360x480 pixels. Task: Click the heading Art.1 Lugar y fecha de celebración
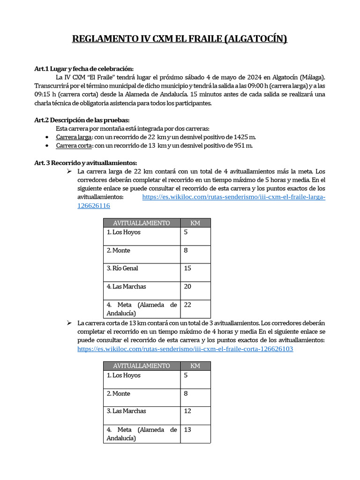[84, 68]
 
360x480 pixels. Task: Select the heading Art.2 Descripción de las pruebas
[82, 120]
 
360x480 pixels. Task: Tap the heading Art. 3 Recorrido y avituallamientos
[85, 163]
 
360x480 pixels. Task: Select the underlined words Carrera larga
[74, 137]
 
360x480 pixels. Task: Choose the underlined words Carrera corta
[74, 146]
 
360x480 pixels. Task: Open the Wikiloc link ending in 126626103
[185, 349]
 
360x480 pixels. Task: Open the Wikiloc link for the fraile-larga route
[233, 197]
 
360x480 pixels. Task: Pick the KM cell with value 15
[195, 272]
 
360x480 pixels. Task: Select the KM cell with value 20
[195, 290]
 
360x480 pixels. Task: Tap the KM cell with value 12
[195, 415]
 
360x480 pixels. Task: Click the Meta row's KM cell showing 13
[195, 434]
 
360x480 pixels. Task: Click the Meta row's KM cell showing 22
[195, 309]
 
